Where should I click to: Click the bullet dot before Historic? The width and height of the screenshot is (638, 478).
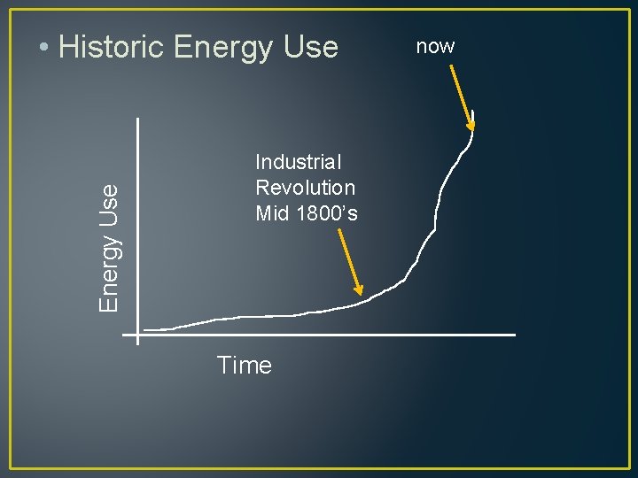[x=44, y=48]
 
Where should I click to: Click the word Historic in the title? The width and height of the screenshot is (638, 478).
[x=113, y=47]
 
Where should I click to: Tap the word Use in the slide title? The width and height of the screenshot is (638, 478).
[x=311, y=47]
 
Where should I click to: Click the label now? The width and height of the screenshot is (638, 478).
[x=435, y=46]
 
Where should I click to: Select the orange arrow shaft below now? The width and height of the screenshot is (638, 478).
[x=462, y=91]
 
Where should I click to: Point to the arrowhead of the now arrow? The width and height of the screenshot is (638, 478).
[x=471, y=125]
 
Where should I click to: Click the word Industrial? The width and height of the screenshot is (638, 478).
[x=299, y=162]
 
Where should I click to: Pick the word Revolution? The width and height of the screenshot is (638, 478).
[x=305, y=188]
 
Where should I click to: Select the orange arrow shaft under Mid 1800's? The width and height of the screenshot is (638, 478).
[x=349, y=258]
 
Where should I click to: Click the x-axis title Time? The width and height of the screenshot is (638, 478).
[x=245, y=365]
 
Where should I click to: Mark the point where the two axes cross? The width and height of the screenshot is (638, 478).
[x=138, y=335]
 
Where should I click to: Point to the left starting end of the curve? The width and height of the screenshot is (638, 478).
[x=144, y=330]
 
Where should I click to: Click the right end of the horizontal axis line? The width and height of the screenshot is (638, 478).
[x=514, y=335]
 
